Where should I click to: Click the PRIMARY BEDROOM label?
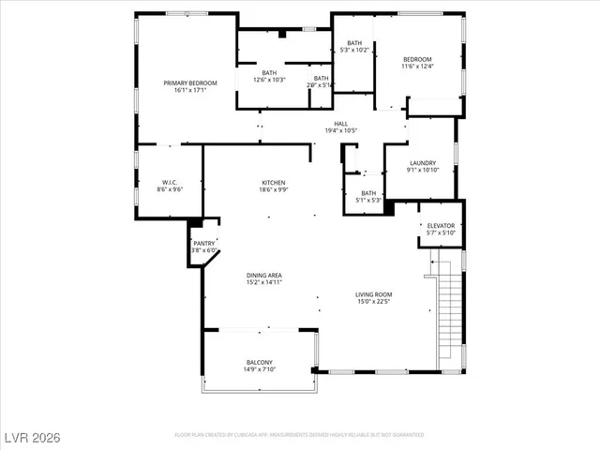(x=190, y=83)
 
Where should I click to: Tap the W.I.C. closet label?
(x=170, y=182)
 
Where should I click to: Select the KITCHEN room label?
(x=274, y=182)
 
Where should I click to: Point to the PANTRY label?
(x=203, y=244)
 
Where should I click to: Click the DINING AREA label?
(x=264, y=276)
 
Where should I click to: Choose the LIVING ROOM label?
(x=373, y=294)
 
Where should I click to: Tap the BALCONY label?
(x=260, y=362)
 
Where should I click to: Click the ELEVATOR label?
(x=441, y=226)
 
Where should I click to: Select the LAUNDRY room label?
(x=422, y=163)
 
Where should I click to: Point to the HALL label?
(x=342, y=123)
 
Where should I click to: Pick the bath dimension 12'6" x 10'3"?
(x=269, y=80)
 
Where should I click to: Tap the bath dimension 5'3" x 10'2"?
(x=354, y=50)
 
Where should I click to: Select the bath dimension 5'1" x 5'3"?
(x=368, y=200)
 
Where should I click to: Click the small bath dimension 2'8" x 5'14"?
(x=322, y=85)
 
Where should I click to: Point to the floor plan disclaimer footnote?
(x=299, y=435)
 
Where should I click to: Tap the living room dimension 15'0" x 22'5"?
(x=373, y=301)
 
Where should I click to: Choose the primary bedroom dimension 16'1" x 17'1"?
(x=190, y=91)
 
